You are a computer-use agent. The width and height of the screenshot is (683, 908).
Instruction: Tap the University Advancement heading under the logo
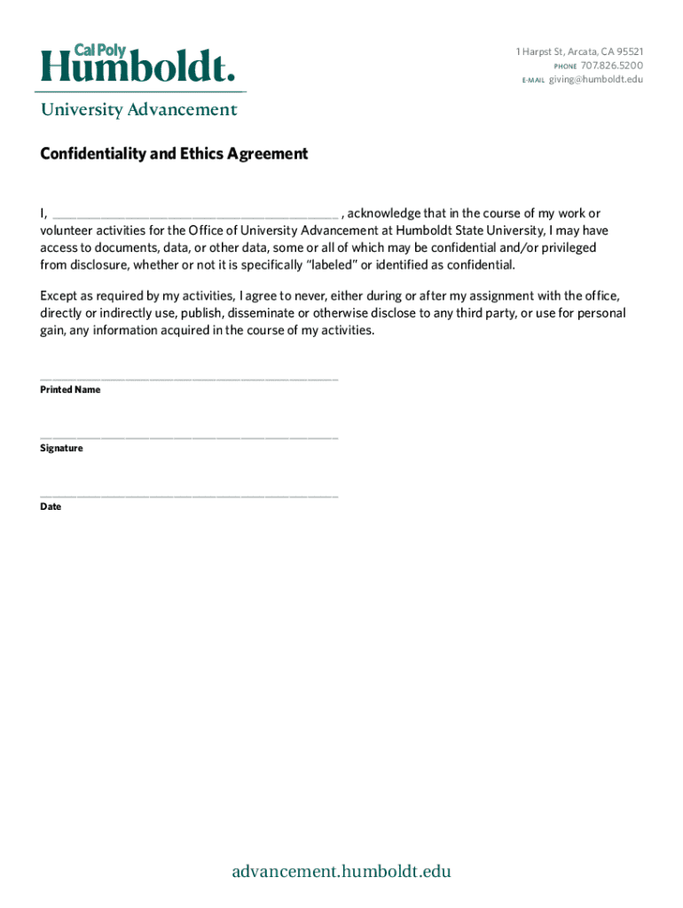pos(138,110)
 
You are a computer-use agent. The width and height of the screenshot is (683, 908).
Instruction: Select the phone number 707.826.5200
pos(612,66)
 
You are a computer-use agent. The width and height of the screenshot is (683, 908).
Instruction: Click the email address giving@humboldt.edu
pos(595,80)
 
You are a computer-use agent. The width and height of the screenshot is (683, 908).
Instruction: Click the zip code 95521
pos(628,51)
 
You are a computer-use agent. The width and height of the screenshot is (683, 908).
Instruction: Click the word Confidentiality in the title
pos(84,154)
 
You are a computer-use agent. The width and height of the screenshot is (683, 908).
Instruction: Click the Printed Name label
pos(70,390)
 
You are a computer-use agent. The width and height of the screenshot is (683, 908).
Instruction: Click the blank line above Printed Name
pos(189,380)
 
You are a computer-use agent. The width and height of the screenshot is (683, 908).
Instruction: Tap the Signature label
pos(61,449)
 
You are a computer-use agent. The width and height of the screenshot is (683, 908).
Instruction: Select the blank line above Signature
pos(189,438)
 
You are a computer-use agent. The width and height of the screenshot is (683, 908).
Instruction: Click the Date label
pos(51,507)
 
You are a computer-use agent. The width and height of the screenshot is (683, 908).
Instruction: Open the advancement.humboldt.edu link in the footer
pos(341,872)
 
